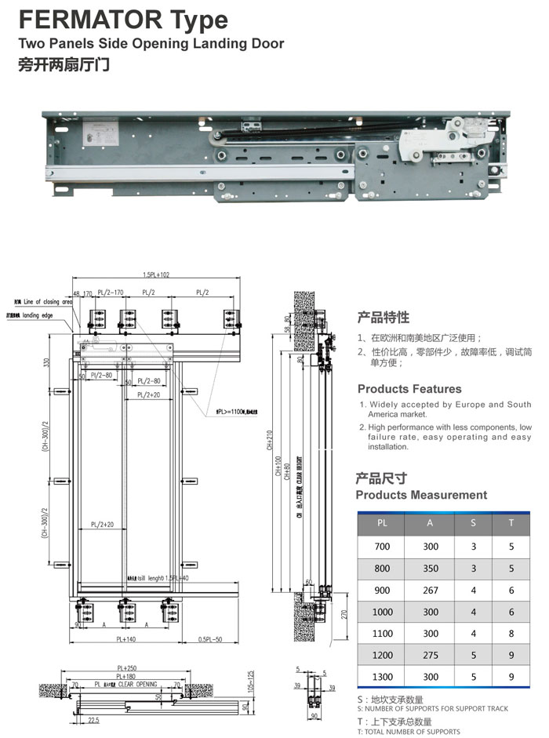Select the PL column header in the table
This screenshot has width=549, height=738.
click(x=382, y=521)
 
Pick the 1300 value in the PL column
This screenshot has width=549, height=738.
click(x=382, y=675)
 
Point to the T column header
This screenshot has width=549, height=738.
click(x=511, y=521)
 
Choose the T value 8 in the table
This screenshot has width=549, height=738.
click(x=511, y=633)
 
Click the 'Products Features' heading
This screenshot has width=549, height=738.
click(x=409, y=389)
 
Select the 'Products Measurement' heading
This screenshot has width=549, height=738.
click(x=421, y=495)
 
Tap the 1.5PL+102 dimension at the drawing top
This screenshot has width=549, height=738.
click(x=157, y=275)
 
